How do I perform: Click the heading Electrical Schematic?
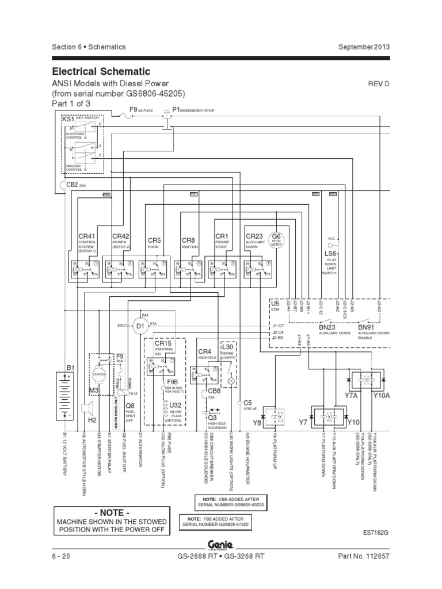tap(101, 71)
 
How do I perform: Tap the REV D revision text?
tap(379, 84)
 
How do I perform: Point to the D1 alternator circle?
tap(140, 327)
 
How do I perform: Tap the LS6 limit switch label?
tap(330, 253)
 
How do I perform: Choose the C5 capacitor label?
tap(248, 403)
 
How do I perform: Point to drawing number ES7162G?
tap(375, 533)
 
